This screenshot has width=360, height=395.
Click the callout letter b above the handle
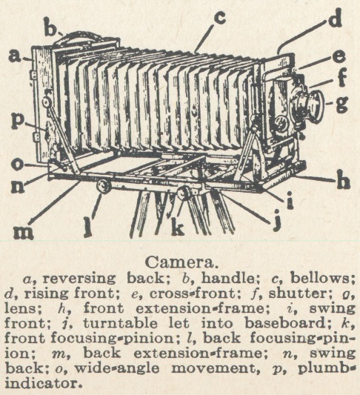(50, 26)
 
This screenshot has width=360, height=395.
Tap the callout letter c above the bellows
(219, 18)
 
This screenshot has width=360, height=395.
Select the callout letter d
(335, 18)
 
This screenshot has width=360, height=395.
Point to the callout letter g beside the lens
(341, 104)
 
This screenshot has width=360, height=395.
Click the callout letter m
(24, 232)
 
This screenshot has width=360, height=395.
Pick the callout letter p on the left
(19, 123)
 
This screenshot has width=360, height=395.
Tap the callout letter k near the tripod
(178, 227)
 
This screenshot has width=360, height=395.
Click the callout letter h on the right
(344, 180)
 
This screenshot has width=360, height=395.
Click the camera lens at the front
(309, 106)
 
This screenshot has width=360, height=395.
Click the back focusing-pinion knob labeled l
(103, 186)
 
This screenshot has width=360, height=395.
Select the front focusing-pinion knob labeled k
(184, 193)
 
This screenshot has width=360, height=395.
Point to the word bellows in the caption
(322, 279)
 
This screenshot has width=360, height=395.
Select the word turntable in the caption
(120, 323)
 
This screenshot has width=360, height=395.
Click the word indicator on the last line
(44, 383)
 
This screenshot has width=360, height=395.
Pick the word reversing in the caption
(79, 279)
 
